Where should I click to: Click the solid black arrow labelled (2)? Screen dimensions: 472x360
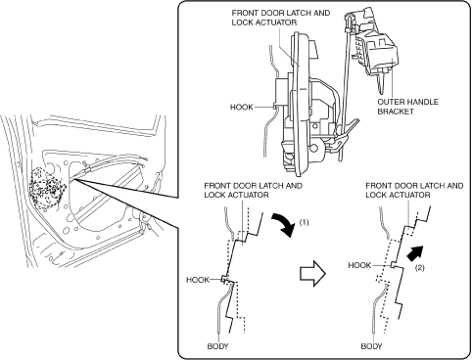tap(415, 252)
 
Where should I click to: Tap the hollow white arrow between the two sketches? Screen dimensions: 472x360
tap(312, 273)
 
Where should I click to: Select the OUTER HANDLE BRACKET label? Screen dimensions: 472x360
tap(407, 107)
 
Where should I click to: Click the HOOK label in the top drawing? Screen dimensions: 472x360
tap(242, 107)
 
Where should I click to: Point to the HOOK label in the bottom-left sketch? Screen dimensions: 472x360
tap(198, 280)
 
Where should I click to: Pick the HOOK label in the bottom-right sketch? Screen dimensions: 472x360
tap(359, 265)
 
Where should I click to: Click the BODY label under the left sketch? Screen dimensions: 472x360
tap(217, 346)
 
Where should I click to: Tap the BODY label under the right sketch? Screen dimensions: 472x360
tap(371, 346)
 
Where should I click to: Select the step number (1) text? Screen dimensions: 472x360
tap(304, 222)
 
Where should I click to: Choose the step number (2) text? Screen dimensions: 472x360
tap(420, 268)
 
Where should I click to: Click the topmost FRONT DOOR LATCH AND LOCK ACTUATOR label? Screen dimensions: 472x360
tap(281, 18)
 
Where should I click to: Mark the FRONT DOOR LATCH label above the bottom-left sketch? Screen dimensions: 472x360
tap(253, 190)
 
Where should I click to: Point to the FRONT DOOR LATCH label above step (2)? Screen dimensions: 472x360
tap(414, 190)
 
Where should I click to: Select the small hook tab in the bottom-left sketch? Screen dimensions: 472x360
tap(224, 279)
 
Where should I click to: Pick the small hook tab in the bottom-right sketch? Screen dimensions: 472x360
tap(394, 265)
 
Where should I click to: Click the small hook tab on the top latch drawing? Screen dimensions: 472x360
tap(274, 106)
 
